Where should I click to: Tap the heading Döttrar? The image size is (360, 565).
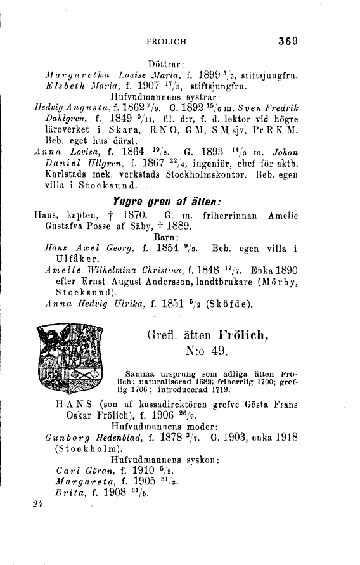(x=165, y=64)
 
